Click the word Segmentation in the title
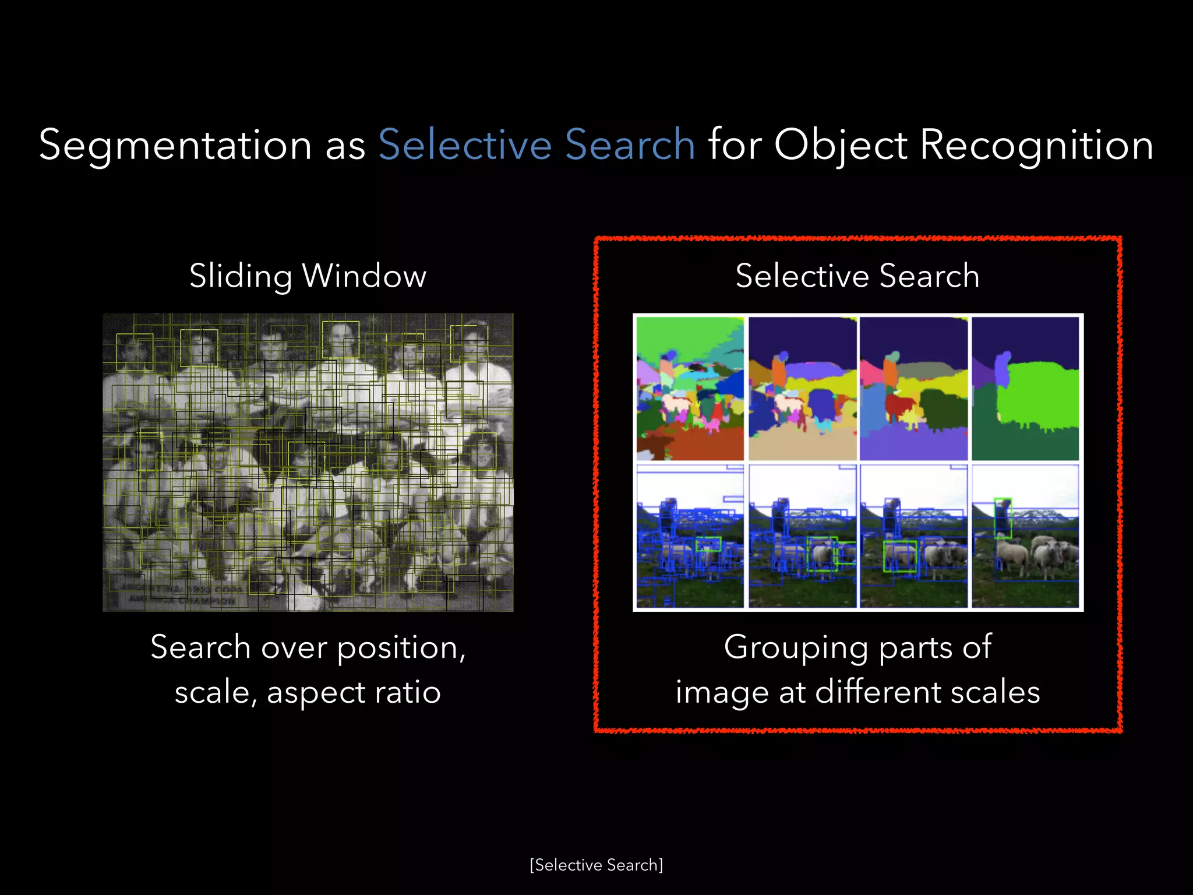pos(175,146)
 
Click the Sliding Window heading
pos(308,276)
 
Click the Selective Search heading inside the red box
pos(857,276)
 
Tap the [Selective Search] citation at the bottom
pos(596,865)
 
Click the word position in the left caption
pos(401,647)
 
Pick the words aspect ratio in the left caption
pos(354,693)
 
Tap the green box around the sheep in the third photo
pos(900,556)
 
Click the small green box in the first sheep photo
pos(708,544)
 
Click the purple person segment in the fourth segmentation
pos(1002,370)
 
